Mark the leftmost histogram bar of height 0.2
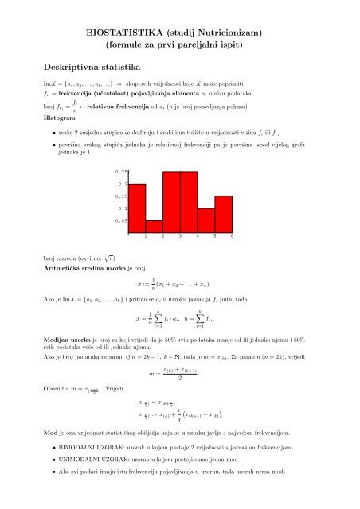[137, 207]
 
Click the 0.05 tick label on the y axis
[121, 220]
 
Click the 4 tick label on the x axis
[198, 237]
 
